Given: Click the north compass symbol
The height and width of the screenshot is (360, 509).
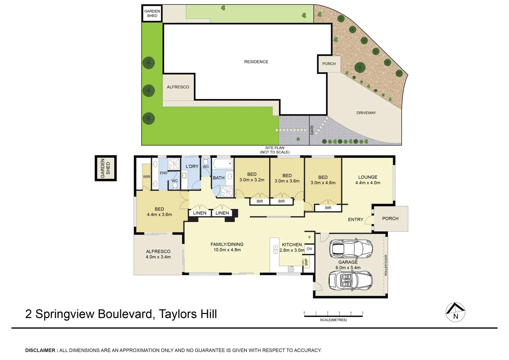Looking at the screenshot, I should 455,312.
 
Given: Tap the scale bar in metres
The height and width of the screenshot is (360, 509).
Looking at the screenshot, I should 333,315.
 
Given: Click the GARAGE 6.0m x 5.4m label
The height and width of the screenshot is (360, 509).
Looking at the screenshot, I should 348,265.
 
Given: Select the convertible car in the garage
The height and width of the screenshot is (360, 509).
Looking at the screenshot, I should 350,281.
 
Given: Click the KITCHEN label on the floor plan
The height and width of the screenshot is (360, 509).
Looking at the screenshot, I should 292,245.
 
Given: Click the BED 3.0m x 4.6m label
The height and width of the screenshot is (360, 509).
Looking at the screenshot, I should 323,180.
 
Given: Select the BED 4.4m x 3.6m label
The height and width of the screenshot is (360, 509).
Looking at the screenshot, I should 159,212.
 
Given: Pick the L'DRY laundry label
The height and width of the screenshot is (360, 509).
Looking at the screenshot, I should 192,166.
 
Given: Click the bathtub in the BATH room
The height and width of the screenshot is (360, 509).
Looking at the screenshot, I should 223,164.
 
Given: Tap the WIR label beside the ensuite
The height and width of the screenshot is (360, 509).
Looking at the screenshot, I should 147,177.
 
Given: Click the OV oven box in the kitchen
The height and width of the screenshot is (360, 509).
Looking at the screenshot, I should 309,249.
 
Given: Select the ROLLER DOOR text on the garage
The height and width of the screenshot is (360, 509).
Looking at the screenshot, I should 386,265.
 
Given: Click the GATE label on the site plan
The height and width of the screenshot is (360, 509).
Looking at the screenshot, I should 312,130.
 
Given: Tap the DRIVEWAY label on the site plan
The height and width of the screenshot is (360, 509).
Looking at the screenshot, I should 366,113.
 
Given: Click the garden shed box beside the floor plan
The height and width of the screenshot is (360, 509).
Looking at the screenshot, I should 106,168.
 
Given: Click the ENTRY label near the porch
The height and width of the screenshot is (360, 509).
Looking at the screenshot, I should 355,220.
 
